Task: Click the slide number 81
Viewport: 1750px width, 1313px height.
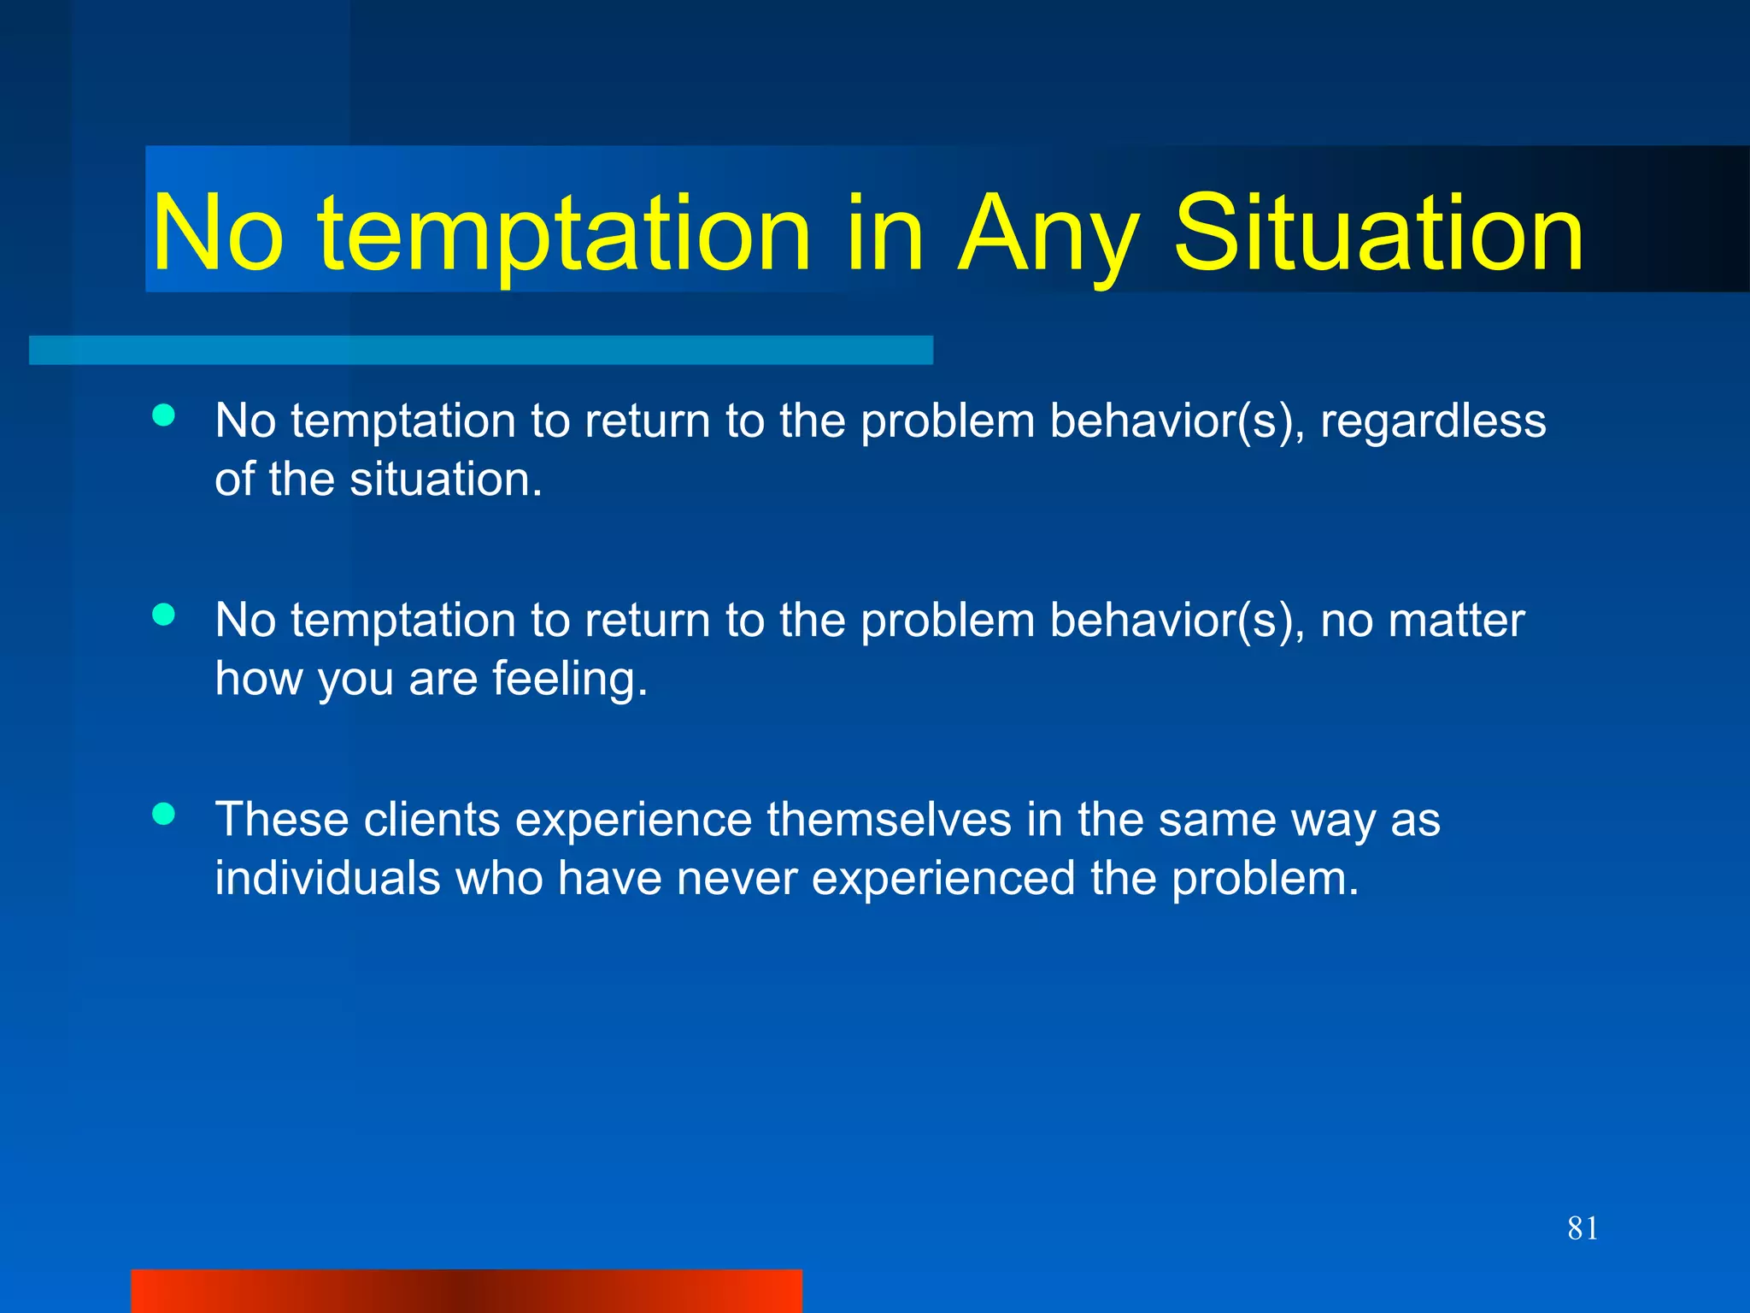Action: point(1583,1228)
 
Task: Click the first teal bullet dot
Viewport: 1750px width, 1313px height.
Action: point(163,415)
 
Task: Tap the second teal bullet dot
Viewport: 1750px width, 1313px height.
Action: point(163,615)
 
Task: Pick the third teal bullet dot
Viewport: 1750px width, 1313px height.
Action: point(163,814)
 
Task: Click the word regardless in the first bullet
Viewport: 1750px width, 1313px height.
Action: point(1433,421)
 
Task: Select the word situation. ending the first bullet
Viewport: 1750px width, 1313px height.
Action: point(446,480)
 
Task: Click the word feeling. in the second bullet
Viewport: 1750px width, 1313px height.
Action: point(570,679)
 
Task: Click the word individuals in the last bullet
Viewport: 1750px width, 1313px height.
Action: point(327,879)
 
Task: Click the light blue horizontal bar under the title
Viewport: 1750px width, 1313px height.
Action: point(481,350)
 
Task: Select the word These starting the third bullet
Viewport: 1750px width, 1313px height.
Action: point(282,820)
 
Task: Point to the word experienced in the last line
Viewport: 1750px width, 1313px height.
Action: point(943,879)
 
